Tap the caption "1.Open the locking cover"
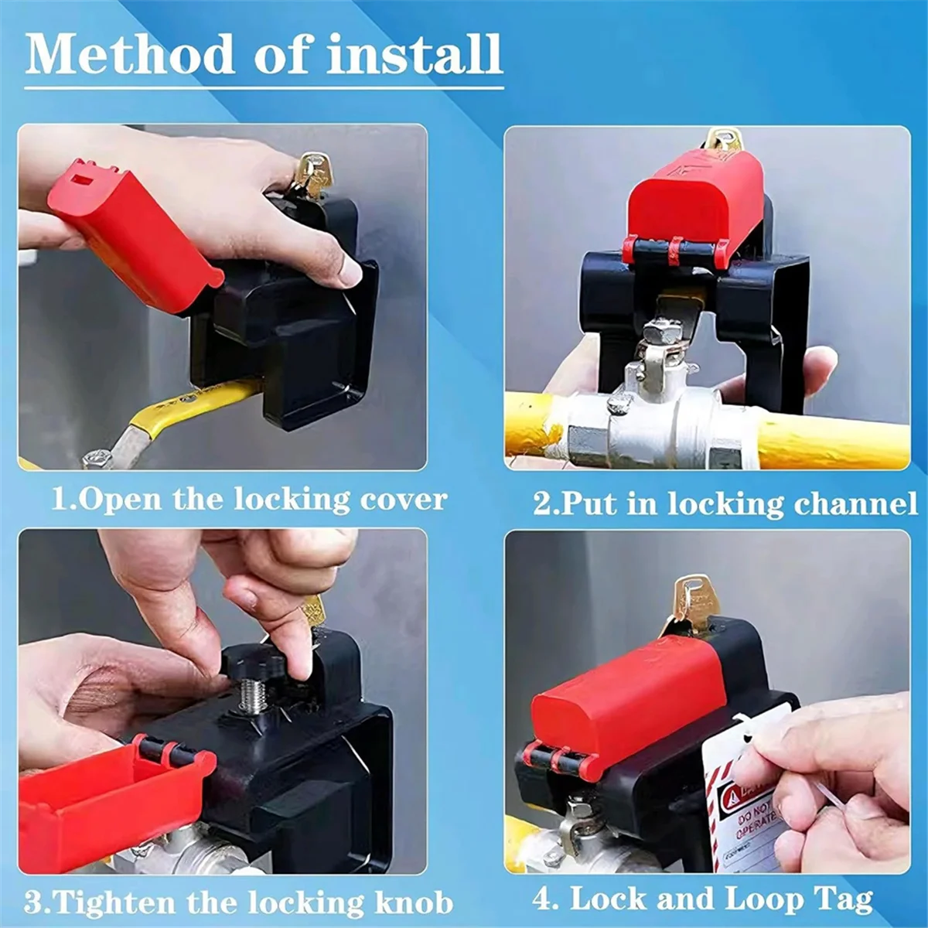[x=249, y=500]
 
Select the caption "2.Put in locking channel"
[x=725, y=503]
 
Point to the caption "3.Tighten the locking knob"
[x=238, y=902]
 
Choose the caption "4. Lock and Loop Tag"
[x=702, y=899]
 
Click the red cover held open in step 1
[x=128, y=232]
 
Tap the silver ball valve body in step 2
[x=657, y=433]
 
